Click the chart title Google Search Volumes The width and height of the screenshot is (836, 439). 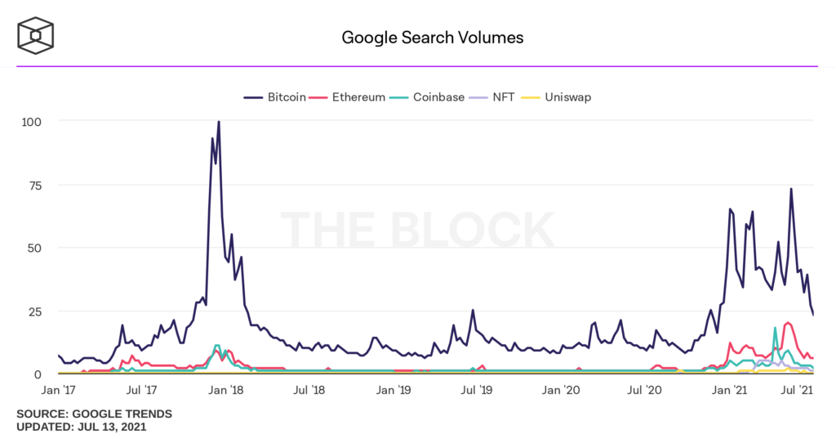432,38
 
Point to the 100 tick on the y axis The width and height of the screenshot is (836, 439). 30,121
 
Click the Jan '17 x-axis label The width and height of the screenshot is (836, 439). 59,392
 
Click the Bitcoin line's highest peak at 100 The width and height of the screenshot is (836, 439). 218,122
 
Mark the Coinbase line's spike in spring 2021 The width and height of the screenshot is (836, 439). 775,329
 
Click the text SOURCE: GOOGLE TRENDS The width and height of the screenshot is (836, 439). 94,414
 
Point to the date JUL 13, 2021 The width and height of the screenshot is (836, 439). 113,427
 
